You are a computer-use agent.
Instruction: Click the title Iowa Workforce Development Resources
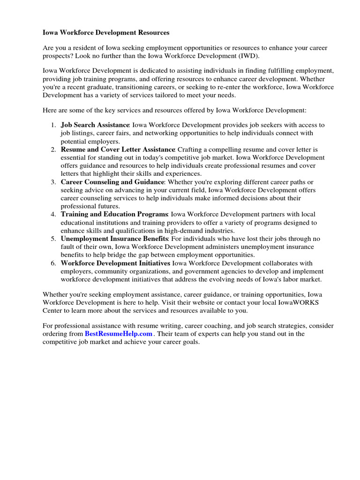(x=105, y=33)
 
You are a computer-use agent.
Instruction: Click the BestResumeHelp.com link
(x=119, y=334)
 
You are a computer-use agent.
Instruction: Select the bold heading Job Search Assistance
(x=95, y=125)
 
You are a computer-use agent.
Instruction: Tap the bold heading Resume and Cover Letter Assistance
(x=118, y=150)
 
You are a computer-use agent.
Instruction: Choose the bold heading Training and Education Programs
(x=114, y=214)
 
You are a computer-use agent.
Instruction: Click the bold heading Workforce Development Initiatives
(x=115, y=263)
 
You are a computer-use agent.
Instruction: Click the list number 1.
(x=52, y=125)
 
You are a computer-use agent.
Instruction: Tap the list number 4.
(x=52, y=214)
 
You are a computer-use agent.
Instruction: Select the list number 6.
(x=52, y=263)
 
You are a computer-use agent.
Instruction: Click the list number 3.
(x=52, y=182)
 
